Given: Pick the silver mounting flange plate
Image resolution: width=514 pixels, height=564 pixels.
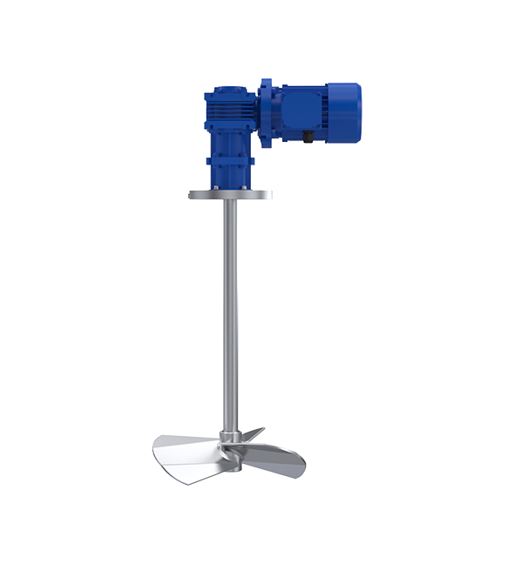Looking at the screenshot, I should pos(230,194).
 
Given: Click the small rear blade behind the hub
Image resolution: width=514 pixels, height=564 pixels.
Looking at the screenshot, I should pos(250,433).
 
